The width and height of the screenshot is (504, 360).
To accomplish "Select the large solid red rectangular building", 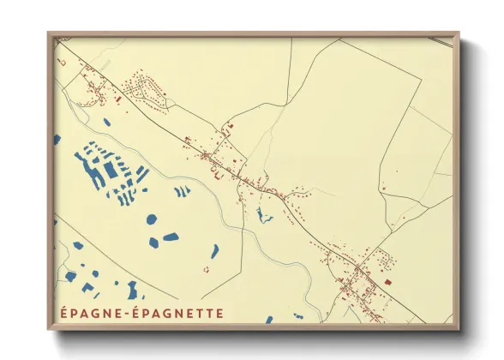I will [x=387, y=281].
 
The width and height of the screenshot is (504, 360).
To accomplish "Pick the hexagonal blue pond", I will [x=152, y=219].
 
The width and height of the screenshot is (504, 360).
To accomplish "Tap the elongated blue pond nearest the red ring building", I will [x=214, y=251].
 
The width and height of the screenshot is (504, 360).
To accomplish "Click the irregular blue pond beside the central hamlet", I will [x=261, y=214].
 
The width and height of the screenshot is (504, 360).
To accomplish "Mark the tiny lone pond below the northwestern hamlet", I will [x=106, y=123].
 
